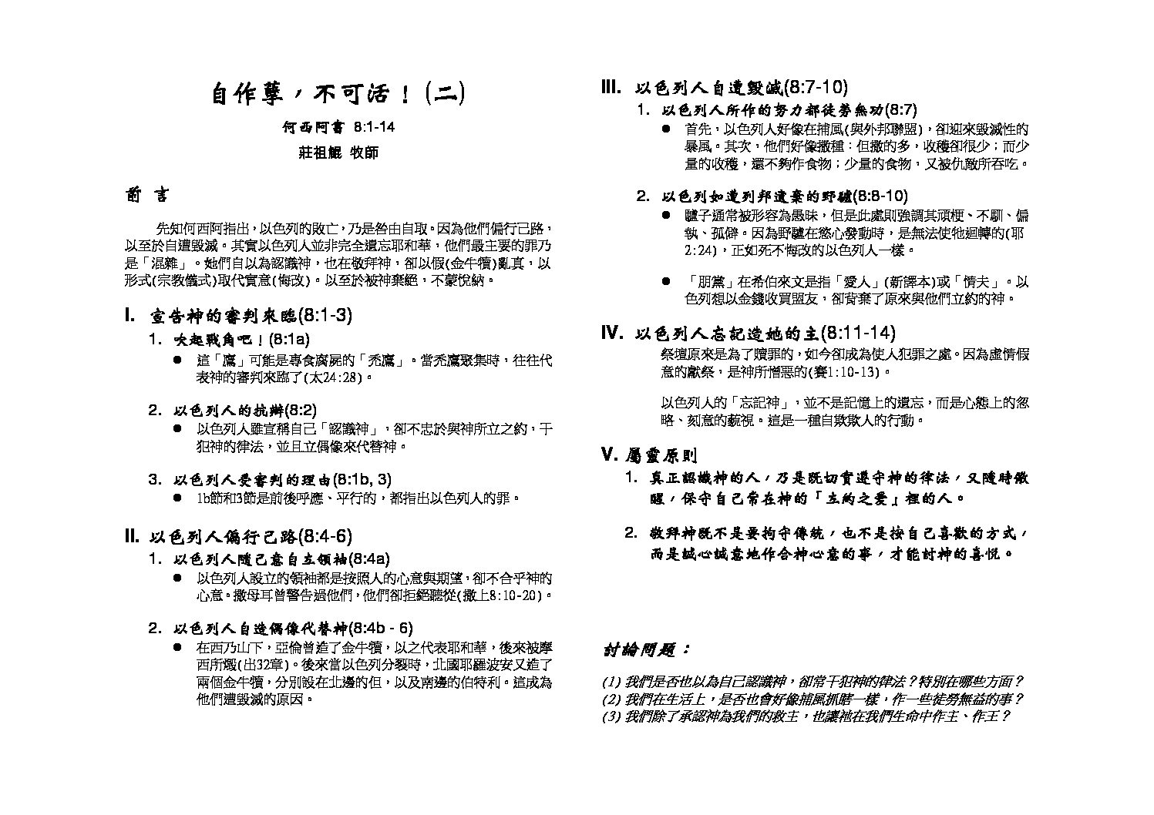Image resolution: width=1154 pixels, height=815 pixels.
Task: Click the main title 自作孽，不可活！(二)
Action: [x=338, y=94]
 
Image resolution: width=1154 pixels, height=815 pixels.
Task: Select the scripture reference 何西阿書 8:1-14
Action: [x=338, y=128]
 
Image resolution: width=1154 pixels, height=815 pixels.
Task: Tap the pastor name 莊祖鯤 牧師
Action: [x=338, y=153]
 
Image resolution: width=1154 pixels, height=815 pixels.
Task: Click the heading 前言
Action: [x=147, y=196]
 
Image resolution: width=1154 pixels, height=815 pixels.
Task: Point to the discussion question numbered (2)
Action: [x=813, y=699]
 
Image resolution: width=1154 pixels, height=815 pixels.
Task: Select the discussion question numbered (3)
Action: [x=806, y=716]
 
